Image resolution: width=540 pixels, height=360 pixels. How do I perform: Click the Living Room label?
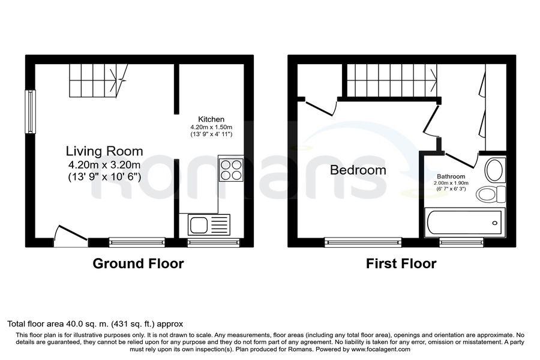104,151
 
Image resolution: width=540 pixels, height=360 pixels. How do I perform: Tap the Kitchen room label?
211,119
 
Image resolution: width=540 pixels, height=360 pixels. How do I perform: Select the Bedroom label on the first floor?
358,170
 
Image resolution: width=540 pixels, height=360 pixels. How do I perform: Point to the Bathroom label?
451,176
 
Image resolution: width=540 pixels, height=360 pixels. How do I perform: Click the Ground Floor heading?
138,263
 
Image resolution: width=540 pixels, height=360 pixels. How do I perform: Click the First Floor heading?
401,263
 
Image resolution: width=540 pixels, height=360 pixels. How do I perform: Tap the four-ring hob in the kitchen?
232,170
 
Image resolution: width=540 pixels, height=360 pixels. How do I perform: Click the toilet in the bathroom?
491,194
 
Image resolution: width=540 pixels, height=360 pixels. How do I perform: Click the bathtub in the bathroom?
464,223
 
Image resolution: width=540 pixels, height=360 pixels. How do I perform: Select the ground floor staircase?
99,80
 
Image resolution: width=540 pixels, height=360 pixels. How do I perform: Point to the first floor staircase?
392,80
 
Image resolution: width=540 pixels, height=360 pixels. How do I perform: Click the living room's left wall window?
31,112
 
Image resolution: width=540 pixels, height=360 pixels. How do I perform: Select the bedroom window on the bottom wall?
364,242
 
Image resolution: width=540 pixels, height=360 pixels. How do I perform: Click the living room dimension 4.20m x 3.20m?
104,164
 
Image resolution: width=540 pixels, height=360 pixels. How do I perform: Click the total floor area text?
95,324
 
